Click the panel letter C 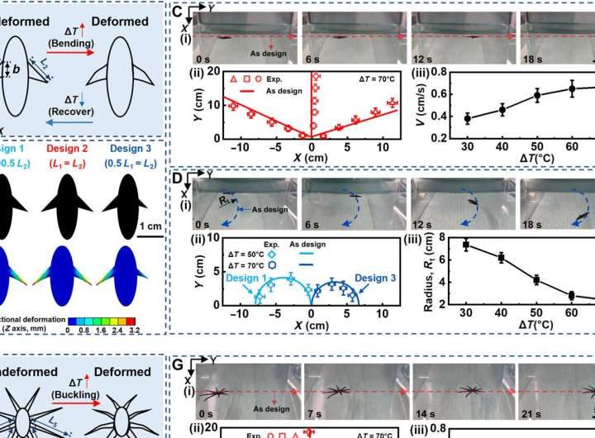coord(177,12)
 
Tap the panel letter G coord(177,363)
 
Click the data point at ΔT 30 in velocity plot coord(469,118)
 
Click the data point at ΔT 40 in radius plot coord(502,258)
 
